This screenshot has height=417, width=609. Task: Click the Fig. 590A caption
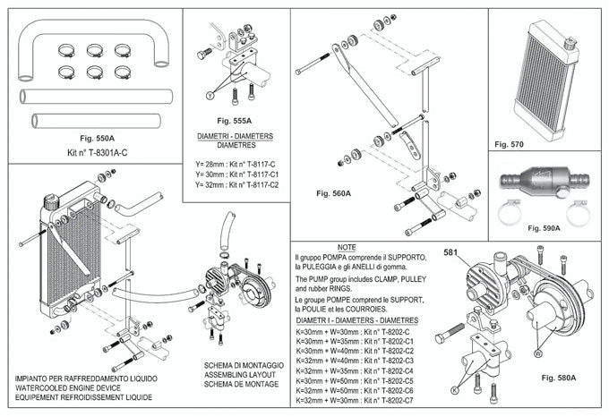[544, 228]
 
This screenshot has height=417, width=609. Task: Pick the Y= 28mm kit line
[237, 164]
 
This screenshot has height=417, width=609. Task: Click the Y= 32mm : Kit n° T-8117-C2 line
[237, 184]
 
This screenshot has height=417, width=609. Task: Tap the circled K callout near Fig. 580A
[456, 391]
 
